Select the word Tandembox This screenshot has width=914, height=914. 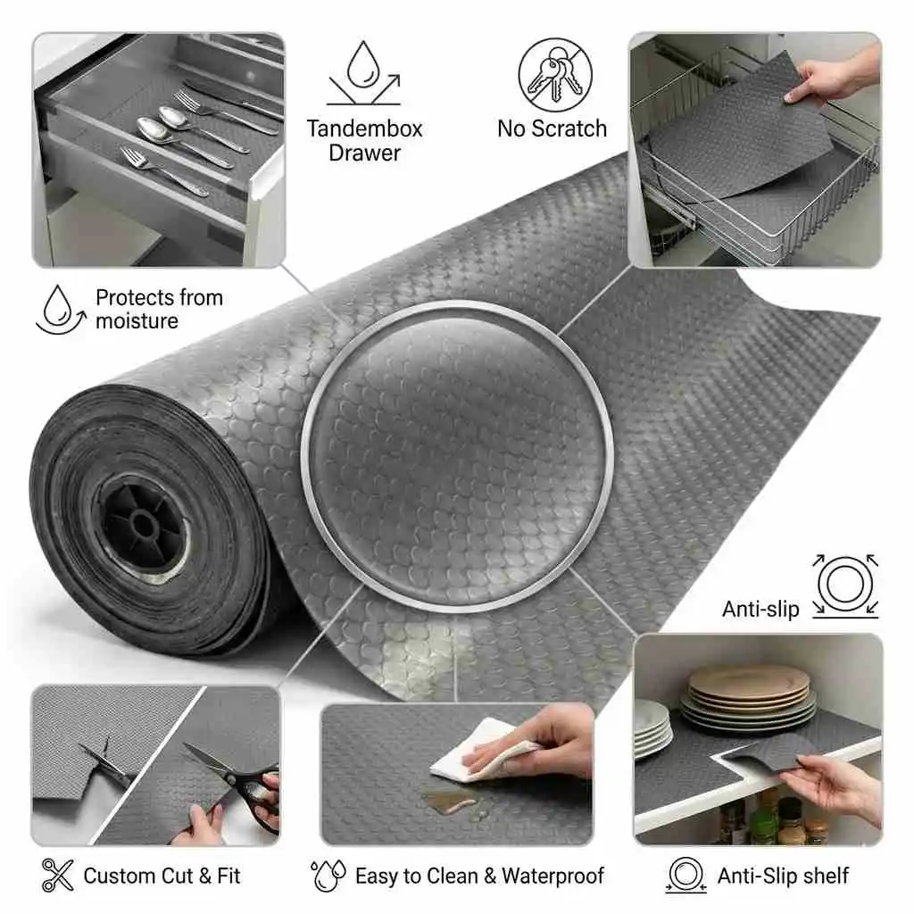(x=364, y=129)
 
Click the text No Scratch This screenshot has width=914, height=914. (x=552, y=129)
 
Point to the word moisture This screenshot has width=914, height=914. (x=137, y=320)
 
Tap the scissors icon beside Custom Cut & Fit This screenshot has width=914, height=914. (x=57, y=875)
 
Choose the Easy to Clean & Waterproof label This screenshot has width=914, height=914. (x=479, y=876)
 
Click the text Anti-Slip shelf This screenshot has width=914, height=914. (x=783, y=876)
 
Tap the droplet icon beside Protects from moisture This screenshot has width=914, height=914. (x=58, y=309)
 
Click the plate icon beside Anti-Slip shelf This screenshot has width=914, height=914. (x=685, y=875)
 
